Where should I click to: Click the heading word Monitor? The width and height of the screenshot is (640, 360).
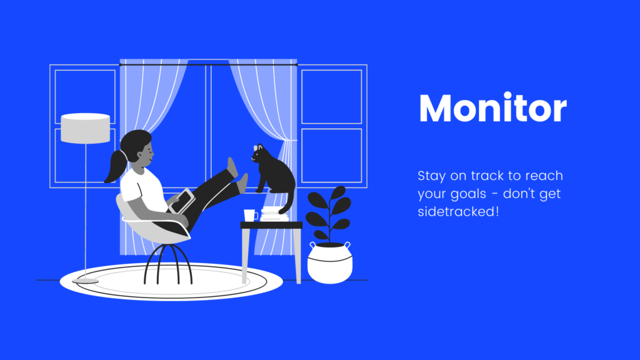[x=492, y=107]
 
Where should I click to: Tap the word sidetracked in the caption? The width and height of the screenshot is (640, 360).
[x=456, y=211]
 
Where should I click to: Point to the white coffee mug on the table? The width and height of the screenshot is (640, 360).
[x=250, y=215]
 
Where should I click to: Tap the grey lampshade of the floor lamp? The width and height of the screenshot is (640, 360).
[x=85, y=128]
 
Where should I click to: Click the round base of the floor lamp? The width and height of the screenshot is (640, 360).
[x=85, y=281]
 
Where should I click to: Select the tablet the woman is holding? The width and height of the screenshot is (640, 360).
[x=182, y=201]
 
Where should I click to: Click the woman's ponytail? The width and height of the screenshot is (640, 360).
[x=115, y=166]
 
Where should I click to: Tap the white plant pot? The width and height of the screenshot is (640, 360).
[x=330, y=262]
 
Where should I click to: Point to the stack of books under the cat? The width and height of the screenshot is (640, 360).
[x=274, y=214]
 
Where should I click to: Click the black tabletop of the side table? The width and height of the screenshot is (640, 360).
[x=271, y=225]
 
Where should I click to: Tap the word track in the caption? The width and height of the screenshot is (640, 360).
[x=487, y=176]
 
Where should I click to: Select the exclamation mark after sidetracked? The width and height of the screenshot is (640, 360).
[x=497, y=211]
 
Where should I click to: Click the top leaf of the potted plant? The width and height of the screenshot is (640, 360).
[x=337, y=192]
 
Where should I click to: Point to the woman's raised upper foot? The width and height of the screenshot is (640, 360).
[x=232, y=167]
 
